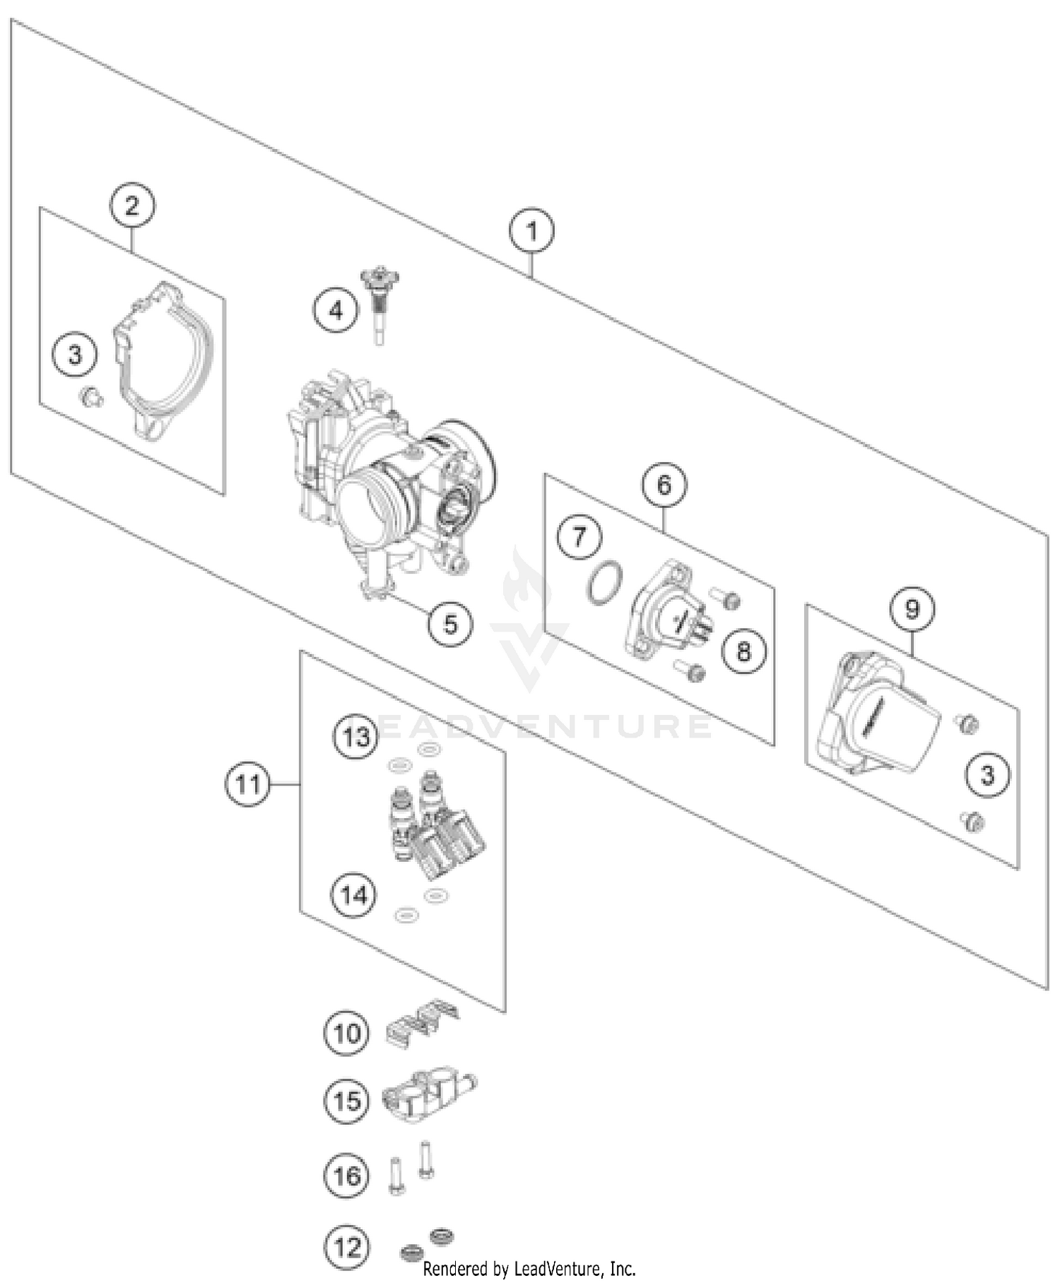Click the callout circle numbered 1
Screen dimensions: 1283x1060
[x=531, y=231]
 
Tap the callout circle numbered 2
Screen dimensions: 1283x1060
[x=132, y=206]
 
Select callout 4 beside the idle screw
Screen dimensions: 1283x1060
[x=336, y=310]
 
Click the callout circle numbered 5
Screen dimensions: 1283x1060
[x=450, y=624]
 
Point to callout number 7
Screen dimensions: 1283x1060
[x=579, y=537]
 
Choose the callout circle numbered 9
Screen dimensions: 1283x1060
[x=912, y=608]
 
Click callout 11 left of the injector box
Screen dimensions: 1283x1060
[x=247, y=784]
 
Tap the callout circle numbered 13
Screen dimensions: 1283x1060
[x=355, y=737]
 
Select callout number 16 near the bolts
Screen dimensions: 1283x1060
[x=346, y=1176]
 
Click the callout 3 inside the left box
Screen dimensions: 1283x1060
[x=75, y=355]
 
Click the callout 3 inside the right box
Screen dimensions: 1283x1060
[x=987, y=775]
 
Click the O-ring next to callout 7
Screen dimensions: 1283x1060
[x=604, y=584]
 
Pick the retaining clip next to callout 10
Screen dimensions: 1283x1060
[x=422, y=1022]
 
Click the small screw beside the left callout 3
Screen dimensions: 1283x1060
[x=91, y=398]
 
